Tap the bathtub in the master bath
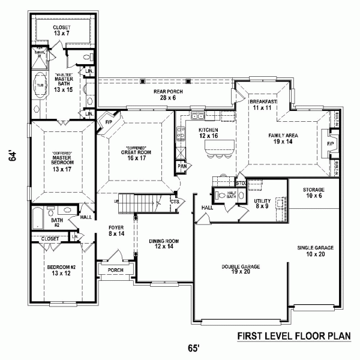coord(41,85)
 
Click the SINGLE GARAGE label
coord(316,250)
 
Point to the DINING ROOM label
coord(161,244)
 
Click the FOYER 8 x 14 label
coord(116,232)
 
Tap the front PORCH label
coord(116,270)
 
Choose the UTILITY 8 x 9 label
coord(263,204)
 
